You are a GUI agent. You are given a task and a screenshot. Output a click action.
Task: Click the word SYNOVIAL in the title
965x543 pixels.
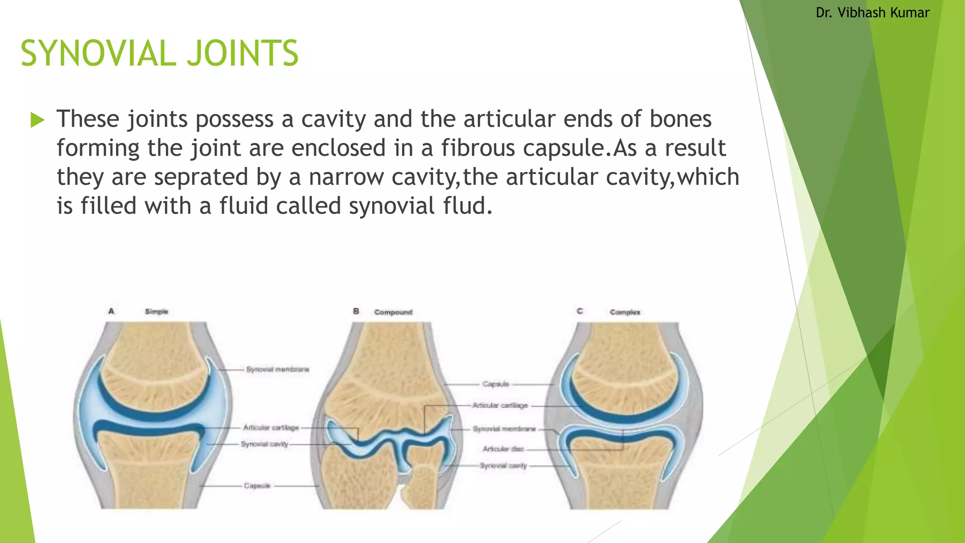point(98,53)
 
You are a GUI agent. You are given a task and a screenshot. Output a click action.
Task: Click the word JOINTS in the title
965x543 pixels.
point(243,53)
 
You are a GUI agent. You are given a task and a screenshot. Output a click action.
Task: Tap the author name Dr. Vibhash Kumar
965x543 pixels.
point(873,13)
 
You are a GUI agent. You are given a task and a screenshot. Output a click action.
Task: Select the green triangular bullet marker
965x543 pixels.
point(37,120)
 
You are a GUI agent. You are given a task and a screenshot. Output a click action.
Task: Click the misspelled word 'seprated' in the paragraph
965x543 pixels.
point(201,177)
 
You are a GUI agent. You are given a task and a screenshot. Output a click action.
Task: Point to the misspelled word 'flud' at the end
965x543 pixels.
point(467,206)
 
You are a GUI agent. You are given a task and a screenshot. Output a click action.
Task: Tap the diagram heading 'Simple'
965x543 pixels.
point(156,312)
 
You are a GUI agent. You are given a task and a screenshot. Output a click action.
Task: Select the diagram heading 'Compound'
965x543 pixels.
point(393,312)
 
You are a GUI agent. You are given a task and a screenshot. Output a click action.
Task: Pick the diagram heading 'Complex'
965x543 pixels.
point(625,312)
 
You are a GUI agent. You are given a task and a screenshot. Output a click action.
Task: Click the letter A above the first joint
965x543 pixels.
point(111,311)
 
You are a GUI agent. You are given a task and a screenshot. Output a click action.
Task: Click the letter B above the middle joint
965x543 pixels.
point(356,312)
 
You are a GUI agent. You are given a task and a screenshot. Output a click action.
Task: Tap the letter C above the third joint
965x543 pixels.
point(580,311)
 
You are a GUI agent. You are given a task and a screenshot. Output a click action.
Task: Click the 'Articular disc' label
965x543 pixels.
point(503,449)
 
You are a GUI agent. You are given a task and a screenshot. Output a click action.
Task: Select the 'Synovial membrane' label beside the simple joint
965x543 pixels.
point(278,369)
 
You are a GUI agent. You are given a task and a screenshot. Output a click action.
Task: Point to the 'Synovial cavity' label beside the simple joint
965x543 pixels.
point(264,444)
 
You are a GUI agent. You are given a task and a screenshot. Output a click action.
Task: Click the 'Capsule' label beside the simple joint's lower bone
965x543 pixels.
point(257,485)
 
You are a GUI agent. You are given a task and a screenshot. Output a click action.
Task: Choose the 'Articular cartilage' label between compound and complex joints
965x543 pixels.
point(500,405)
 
